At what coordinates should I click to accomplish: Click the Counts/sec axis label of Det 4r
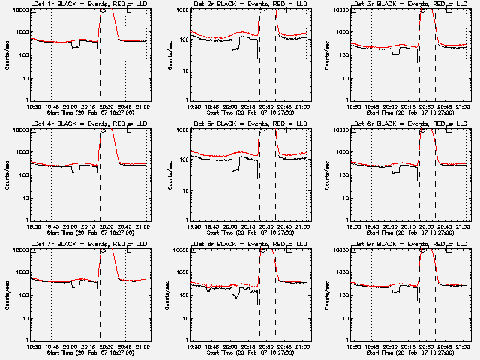(x=7, y=174)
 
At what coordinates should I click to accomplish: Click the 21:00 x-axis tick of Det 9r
(x=463, y=346)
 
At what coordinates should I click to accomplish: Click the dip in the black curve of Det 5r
(x=237, y=168)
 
